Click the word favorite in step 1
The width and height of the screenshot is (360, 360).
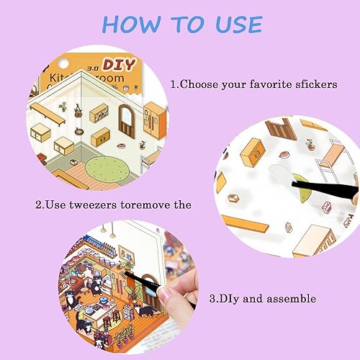coord(271,84)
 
